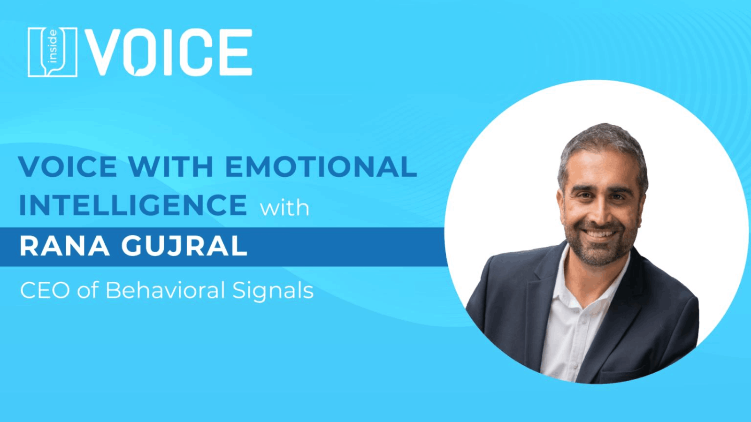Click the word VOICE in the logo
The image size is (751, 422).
click(x=168, y=52)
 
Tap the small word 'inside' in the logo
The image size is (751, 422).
click(x=53, y=46)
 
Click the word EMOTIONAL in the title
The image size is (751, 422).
click(x=321, y=166)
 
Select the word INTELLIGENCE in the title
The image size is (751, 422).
click(x=133, y=204)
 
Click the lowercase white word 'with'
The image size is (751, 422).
click(x=284, y=208)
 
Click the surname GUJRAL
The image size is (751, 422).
click(x=184, y=246)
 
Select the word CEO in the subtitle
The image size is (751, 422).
click(x=45, y=290)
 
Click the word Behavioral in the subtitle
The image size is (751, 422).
click(x=165, y=290)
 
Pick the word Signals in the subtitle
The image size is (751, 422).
click(x=273, y=291)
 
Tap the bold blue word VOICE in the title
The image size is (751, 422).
click(x=68, y=166)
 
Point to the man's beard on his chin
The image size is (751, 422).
click(x=600, y=255)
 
